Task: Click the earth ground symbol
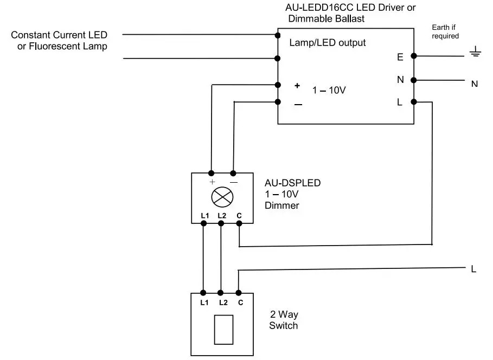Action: [475, 53]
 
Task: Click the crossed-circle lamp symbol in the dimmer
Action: [222, 197]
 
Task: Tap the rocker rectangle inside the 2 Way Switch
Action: [223, 329]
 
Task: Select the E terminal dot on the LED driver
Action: [414, 55]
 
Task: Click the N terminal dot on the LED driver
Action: [414, 80]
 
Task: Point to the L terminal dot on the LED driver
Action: [414, 101]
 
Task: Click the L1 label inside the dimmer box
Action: [204, 215]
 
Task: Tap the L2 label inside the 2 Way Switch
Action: [221, 302]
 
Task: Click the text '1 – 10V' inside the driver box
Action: [329, 91]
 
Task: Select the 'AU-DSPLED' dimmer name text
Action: [292, 183]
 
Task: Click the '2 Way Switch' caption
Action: [284, 320]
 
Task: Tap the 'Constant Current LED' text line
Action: [59, 35]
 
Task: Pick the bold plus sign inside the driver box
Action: [297, 86]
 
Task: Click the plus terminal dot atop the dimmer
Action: [210, 173]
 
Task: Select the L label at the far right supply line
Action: [473, 269]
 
